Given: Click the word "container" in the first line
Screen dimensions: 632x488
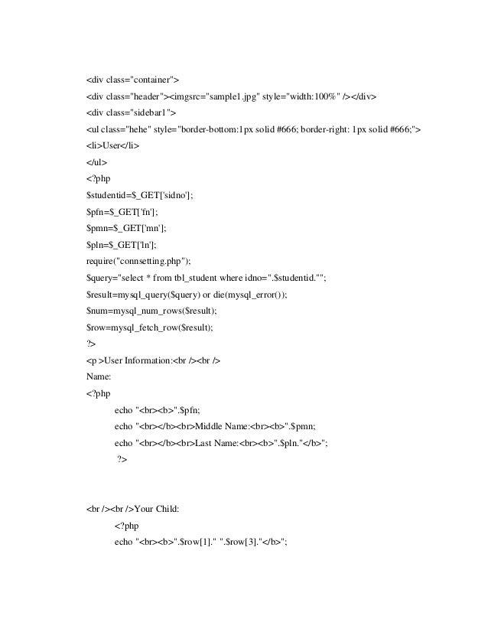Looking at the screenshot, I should (153, 79).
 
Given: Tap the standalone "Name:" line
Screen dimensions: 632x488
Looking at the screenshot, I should (100, 375).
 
